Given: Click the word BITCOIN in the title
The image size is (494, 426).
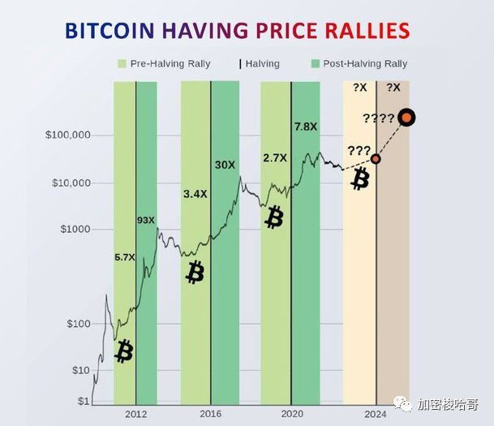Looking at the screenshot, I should point(110,32).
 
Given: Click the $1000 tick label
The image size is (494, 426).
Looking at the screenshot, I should point(75,230).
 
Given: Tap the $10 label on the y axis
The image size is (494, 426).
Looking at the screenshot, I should point(81,371).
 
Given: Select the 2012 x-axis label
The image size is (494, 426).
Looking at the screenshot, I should point(136,413).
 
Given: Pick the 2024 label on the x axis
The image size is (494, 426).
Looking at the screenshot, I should point(376,413).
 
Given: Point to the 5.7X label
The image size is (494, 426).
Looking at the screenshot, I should point(124,257).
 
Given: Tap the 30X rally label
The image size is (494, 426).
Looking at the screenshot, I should point(225,165).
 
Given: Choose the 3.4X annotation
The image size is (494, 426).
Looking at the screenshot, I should point(195,195).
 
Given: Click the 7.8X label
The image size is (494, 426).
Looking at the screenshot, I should point(306,127).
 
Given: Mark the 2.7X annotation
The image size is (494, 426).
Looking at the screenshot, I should point(275,157).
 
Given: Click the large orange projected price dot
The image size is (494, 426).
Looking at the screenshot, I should point(407,118).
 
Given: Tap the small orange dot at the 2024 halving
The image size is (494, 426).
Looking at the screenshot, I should point(376,159).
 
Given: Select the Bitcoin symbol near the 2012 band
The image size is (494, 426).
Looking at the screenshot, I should point(123,351).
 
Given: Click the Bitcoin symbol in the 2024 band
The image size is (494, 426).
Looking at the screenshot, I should point(359,180).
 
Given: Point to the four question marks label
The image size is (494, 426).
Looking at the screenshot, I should point(378,119).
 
